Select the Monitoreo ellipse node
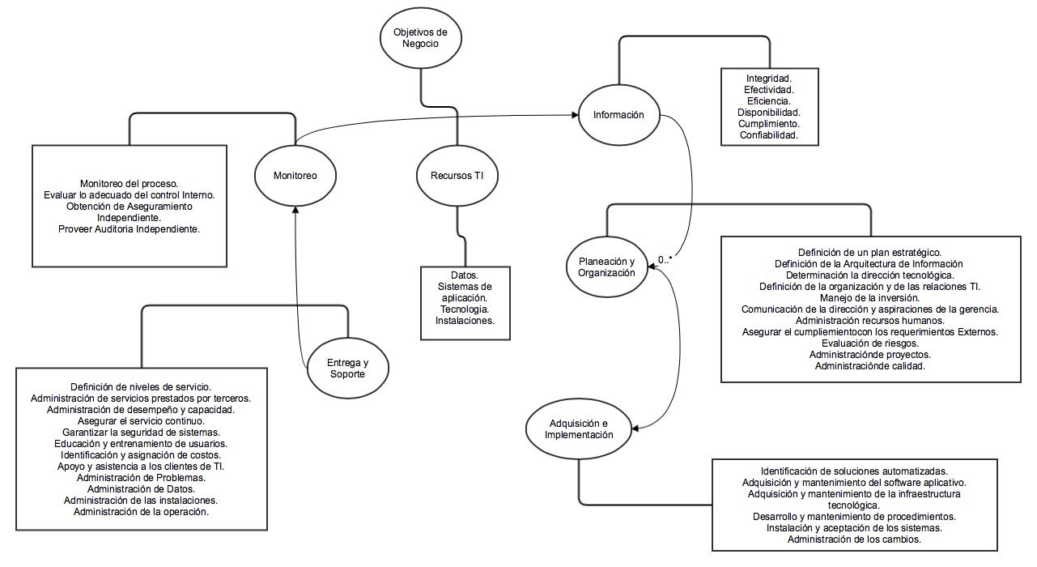(295, 175)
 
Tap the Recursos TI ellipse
(457, 175)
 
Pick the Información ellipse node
(618, 114)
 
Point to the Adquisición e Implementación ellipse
(578, 428)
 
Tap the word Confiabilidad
(768, 135)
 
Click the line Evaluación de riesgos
(869, 343)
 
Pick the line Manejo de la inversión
(869, 297)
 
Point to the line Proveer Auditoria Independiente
(129, 229)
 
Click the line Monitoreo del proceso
(129, 183)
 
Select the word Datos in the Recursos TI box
(465, 275)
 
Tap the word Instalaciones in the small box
(465, 321)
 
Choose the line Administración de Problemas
(141, 477)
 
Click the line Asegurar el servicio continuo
(141, 420)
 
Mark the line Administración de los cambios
(853, 539)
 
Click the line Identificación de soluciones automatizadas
(853, 471)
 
